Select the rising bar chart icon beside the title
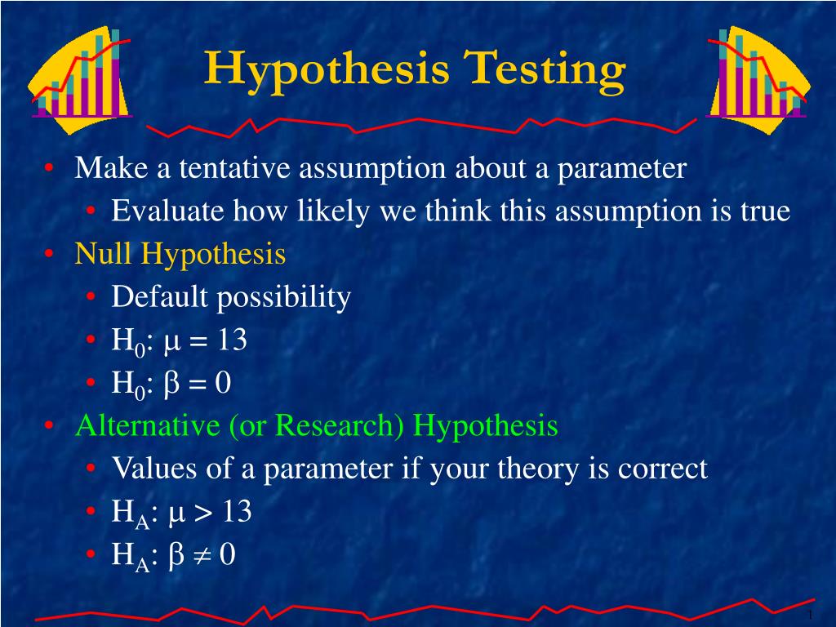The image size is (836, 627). [x=80, y=80]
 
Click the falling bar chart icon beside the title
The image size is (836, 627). [x=758, y=80]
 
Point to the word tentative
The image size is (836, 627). [x=234, y=168]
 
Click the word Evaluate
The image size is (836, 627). [x=167, y=211]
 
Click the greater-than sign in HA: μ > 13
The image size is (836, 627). [x=202, y=513]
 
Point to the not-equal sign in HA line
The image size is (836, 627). [x=202, y=555]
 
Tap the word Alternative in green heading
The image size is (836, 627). [x=147, y=425]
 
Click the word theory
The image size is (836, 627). [x=538, y=469]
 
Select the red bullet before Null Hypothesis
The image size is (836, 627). [x=49, y=254]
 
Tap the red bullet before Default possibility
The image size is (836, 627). [x=91, y=297]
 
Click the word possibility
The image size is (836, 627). [x=283, y=297]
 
